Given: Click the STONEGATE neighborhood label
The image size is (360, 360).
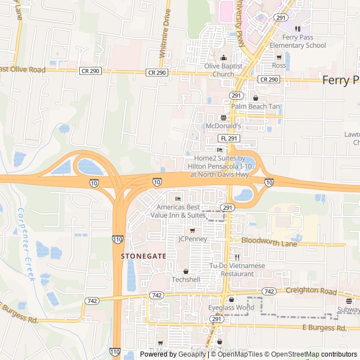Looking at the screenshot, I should tap(143, 255).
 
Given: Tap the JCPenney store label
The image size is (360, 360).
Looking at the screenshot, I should tap(193, 239).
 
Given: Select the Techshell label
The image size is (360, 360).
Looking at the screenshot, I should tap(186, 280).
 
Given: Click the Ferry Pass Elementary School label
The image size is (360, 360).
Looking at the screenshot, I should tap(298, 42).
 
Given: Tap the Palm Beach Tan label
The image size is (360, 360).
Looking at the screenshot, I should tap(255, 106).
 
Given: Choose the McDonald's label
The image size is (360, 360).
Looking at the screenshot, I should tap(223, 126).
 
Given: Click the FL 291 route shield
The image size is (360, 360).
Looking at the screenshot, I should tap(229, 138).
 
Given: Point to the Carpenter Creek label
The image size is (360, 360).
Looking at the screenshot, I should tap(25, 245).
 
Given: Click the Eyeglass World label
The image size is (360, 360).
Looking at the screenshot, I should tap(231, 308).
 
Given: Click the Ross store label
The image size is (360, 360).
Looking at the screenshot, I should tap(279, 65).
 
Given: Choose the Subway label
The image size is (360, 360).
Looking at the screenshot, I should tap(349, 309).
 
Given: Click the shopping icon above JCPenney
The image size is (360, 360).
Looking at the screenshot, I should tap(192, 230).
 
